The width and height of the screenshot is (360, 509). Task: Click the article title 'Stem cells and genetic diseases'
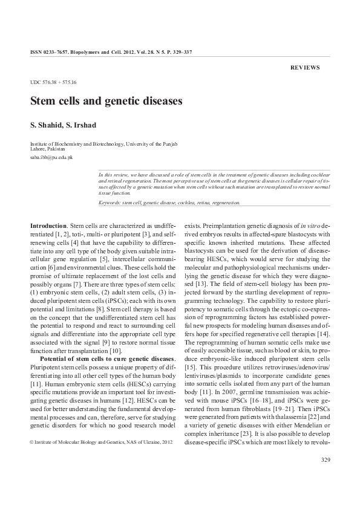tap(106, 101)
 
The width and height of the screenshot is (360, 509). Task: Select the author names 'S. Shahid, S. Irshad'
tap(68, 125)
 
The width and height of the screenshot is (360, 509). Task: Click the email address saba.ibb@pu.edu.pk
tap(51, 157)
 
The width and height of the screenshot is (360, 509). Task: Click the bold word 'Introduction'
tap(48, 225)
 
